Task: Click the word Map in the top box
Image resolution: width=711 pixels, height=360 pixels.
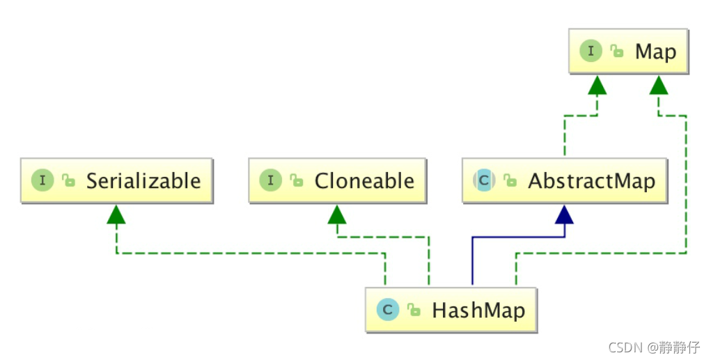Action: pos(655,52)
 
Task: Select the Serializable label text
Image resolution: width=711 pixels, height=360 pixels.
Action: pos(143,181)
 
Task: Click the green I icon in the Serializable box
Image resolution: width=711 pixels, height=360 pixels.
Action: pos(43,181)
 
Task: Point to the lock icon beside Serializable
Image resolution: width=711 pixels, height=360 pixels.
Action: pos(68,182)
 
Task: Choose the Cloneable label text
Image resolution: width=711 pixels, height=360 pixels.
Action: pos(364,181)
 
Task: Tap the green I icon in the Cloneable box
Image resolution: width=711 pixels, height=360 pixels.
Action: pos(270,181)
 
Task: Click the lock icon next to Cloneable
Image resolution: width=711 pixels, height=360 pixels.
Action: pos(296,182)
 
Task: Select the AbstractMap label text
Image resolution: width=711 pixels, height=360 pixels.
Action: pos(591,181)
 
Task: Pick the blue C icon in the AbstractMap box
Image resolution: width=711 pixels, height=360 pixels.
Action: pos(484,181)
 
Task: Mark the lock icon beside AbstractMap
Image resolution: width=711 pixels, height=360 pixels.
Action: pos(510,182)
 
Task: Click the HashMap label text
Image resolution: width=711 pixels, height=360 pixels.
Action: pos(478,310)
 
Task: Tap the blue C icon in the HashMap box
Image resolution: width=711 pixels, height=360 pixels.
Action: pos(387,309)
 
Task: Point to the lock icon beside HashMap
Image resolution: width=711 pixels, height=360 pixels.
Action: pos(413,311)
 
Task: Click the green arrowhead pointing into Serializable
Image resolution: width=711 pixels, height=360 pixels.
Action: pos(116,214)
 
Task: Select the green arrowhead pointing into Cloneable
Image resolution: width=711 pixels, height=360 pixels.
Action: pos(337,214)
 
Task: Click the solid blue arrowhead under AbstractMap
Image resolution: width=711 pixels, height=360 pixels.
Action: pos(565,214)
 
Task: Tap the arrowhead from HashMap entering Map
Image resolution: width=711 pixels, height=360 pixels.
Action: pos(659,85)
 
